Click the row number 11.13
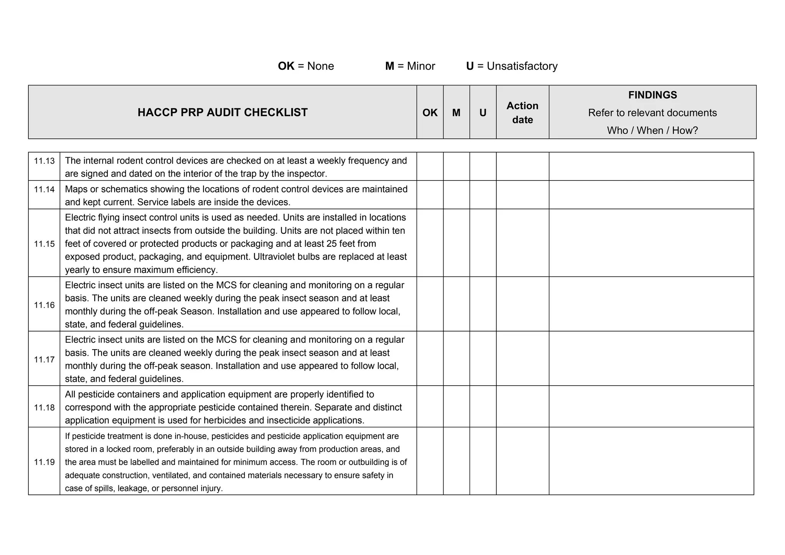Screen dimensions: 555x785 tap(44, 161)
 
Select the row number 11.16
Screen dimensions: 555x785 tap(44, 305)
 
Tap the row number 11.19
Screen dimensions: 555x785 tap(44, 462)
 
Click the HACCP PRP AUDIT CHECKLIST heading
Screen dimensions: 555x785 tap(222, 112)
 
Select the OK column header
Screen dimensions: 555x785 tap(430, 113)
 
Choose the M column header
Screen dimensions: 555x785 tap(456, 113)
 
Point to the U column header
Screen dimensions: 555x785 tap(483, 113)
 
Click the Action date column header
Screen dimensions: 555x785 tap(522, 113)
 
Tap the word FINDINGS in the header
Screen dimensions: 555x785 tap(652, 95)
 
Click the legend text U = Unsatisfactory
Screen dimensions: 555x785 tap(512, 66)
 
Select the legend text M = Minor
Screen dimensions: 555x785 tap(410, 66)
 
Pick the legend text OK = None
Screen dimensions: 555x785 tap(306, 66)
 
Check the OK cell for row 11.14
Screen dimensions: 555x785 tap(430, 195)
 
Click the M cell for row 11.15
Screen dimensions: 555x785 tap(456, 243)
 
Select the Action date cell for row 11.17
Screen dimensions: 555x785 tap(522, 358)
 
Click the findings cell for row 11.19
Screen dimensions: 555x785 tap(651, 461)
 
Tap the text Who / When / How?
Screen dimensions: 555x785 tap(652, 130)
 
